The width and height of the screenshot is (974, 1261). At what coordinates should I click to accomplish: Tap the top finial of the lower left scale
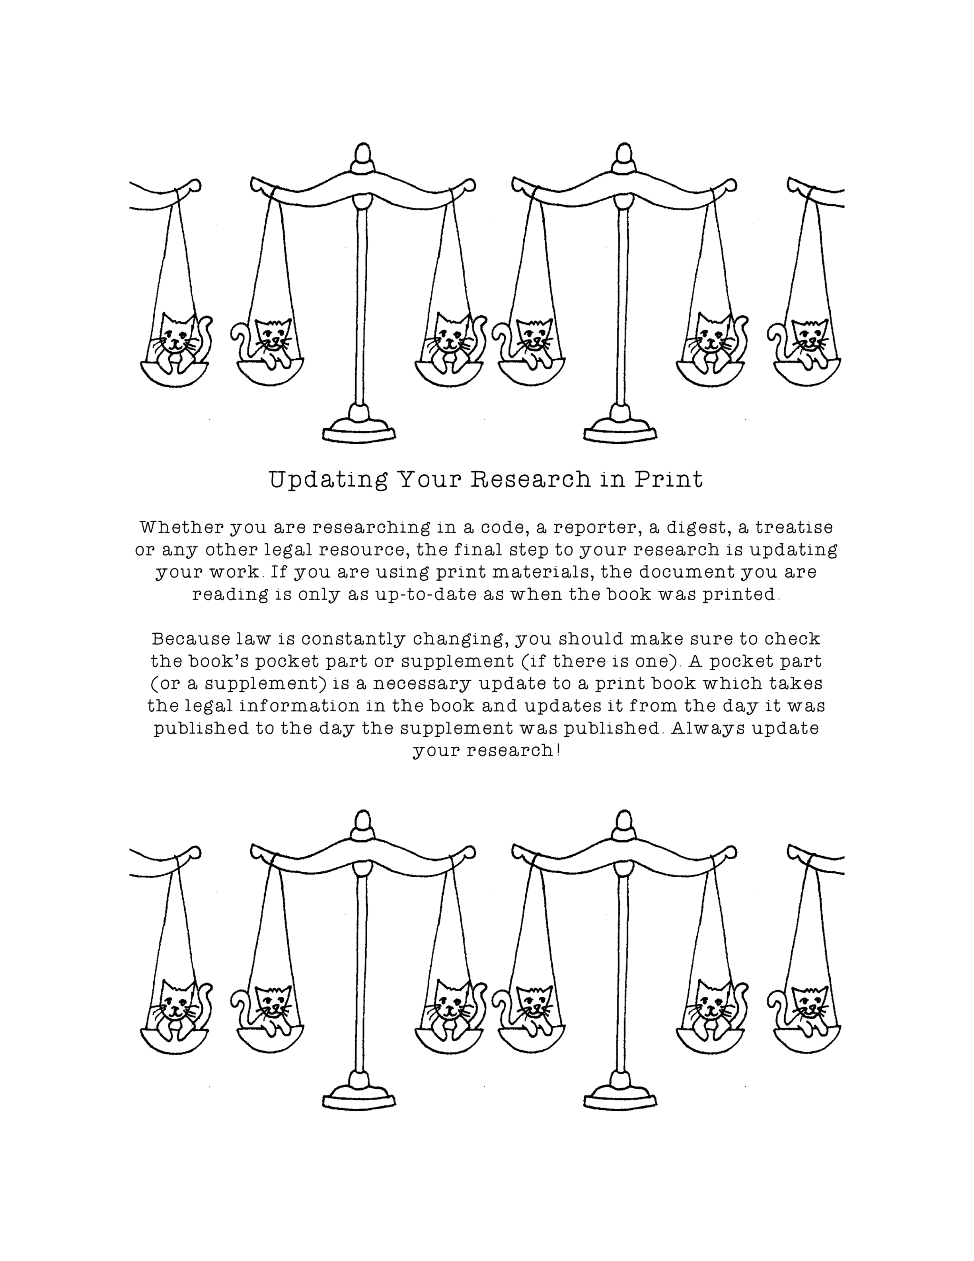pos(362,824)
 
